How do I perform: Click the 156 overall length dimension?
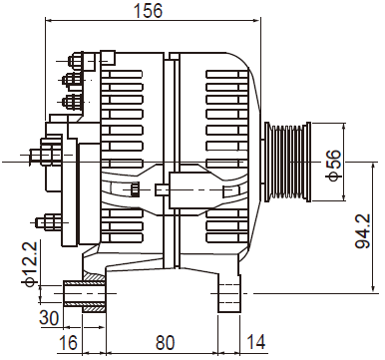coord(148,10)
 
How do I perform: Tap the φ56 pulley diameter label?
coord(334,166)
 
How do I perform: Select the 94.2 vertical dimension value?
coord(362,231)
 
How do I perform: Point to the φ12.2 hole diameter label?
coord(30,264)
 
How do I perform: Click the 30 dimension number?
coord(49,318)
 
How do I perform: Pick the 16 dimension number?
coord(68,342)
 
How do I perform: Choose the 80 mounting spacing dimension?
coord(165,342)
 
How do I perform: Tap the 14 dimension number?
coord(256,342)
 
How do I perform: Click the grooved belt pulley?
coord(288,162)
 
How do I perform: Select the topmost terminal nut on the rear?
coord(76,62)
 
